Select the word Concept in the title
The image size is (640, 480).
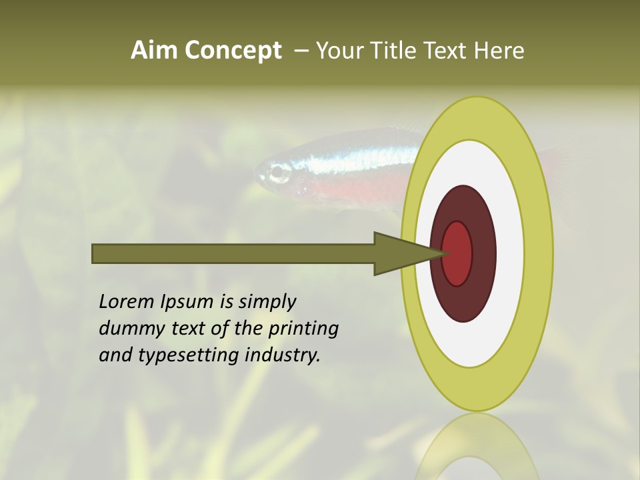click(x=233, y=51)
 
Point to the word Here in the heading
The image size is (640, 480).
click(x=499, y=51)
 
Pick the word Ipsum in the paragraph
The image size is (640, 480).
click(x=187, y=302)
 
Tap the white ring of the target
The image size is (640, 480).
click(x=509, y=254)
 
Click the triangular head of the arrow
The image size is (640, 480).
click(x=400, y=254)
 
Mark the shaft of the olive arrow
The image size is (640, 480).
click(x=233, y=254)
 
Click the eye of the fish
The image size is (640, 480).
click(x=279, y=174)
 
